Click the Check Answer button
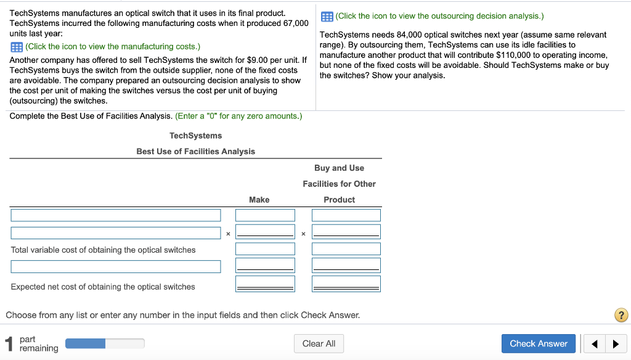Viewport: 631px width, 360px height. pos(539,343)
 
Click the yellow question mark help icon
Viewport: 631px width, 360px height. pos(621,316)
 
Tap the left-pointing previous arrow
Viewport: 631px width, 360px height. pos(595,344)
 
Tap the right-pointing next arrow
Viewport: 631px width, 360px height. pos(615,344)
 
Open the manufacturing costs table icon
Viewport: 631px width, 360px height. pos(17,47)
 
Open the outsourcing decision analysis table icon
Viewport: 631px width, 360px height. pos(327,16)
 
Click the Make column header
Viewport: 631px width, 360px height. pos(259,200)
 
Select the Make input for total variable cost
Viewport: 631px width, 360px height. pos(265,249)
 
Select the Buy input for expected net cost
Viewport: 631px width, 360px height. pos(346,284)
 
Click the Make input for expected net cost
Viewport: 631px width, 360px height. pos(265,284)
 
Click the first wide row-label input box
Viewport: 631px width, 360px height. pos(115,215)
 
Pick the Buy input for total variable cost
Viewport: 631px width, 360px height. pos(346,249)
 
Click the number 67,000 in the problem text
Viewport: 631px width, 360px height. pos(295,23)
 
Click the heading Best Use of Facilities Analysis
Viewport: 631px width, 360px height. pos(195,152)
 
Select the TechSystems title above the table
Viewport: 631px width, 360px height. pos(195,136)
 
